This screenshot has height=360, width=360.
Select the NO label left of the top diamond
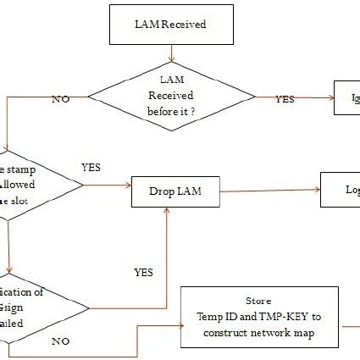click(x=60, y=99)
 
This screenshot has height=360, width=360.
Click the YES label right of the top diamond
click(x=285, y=99)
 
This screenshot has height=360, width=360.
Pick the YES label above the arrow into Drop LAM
click(x=90, y=168)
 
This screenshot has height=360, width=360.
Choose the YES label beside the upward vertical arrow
click(x=144, y=272)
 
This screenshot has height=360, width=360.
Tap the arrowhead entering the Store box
click(x=178, y=324)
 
